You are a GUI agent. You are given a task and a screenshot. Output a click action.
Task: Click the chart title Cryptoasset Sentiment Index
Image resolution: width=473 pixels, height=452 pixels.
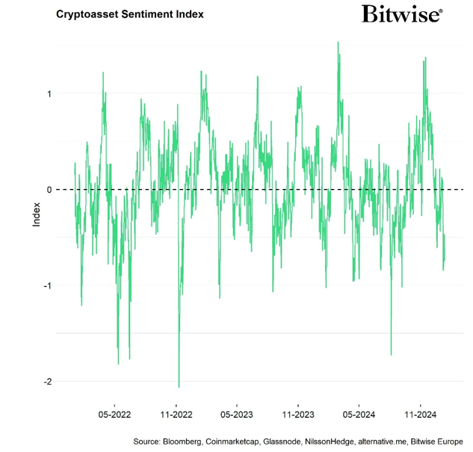pos(129,14)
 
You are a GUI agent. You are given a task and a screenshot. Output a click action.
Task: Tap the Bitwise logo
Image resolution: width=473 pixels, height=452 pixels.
pos(401,13)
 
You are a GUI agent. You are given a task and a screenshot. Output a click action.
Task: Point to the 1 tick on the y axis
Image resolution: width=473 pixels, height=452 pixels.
pos(49,93)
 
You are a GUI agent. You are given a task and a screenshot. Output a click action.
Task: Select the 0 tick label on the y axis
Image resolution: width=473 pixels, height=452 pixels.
pos(49,190)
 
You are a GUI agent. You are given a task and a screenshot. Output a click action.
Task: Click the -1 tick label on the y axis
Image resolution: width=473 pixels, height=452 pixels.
pos(48,285)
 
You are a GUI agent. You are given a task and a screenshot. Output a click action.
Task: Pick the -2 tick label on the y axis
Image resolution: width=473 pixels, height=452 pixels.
pos(48,382)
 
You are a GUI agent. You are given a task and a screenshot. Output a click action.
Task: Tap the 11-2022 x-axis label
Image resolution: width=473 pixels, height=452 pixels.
pos(176,413)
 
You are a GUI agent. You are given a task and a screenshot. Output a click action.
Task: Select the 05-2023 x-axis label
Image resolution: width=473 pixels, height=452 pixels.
pos(237,413)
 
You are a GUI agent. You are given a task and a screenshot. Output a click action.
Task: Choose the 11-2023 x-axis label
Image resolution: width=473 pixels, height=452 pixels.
pos(298,413)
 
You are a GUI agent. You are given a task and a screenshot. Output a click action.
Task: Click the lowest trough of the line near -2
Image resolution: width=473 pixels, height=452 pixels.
pos(179,386)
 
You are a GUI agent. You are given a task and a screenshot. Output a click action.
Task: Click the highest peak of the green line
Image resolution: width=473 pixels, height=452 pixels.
pos(338,43)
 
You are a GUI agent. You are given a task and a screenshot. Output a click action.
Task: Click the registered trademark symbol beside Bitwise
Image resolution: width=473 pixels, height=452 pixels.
pos(441,10)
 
